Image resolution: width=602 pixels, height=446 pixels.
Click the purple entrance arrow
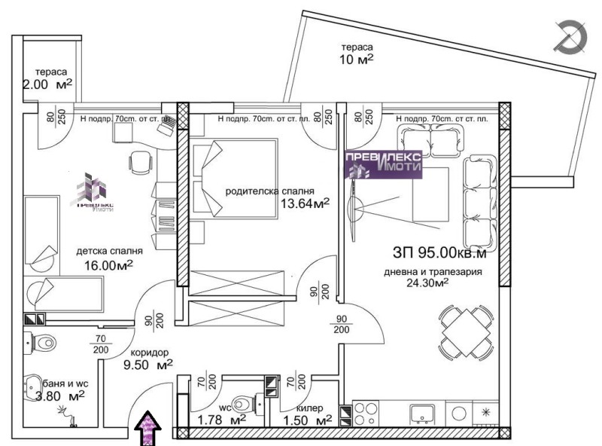coord(149,428)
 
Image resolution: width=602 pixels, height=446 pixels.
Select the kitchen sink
coord(421,413)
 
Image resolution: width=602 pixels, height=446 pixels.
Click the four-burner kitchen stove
coord(366,414)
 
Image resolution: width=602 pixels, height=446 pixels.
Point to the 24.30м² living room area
coord(429,283)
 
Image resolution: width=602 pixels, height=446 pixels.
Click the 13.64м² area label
coord(305,203)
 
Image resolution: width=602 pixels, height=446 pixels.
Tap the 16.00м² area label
coord(108,265)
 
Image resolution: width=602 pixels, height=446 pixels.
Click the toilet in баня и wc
coord(41,343)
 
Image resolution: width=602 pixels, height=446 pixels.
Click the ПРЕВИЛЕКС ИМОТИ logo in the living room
coord(383,163)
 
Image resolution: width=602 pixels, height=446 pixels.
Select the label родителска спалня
coord(270,191)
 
